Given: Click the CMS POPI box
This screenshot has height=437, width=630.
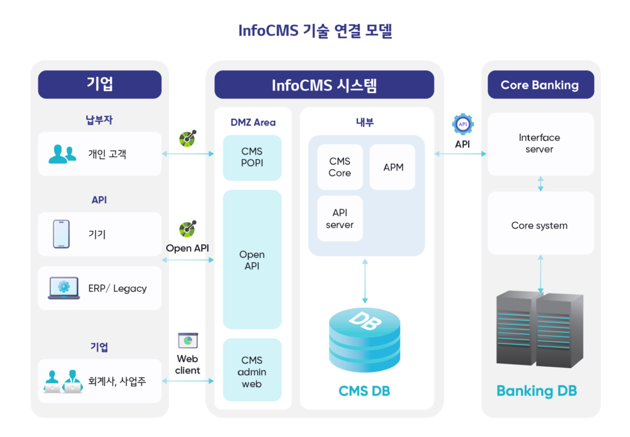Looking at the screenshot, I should [x=252, y=158].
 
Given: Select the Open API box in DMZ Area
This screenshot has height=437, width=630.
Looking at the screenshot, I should [x=252, y=260].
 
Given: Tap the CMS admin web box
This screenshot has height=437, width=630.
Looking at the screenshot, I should [x=252, y=372].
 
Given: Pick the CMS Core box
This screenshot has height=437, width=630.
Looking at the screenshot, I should [x=340, y=167].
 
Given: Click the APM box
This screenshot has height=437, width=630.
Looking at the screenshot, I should [x=393, y=167].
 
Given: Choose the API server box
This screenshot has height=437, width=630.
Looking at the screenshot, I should [x=340, y=218].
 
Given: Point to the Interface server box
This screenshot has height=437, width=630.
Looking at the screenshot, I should [x=540, y=143].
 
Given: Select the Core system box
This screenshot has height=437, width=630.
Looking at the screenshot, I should [x=540, y=225].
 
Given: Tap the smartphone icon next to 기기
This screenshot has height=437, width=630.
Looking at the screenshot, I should [x=61, y=234].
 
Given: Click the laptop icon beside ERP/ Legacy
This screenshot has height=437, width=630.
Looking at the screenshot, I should [x=63, y=288].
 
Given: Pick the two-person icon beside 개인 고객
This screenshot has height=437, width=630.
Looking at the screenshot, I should [x=62, y=154].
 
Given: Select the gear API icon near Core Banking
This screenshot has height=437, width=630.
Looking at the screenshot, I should [x=463, y=124].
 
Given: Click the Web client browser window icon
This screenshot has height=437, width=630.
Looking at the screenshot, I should [x=188, y=340].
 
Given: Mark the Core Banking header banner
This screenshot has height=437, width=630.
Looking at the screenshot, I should [x=540, y=85].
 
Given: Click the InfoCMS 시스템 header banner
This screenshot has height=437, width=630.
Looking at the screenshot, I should [x=324, y=85].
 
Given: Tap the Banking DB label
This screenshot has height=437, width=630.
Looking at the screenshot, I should [x=536, y=391].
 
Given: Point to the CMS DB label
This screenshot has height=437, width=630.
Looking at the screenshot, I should [x=364, y=391].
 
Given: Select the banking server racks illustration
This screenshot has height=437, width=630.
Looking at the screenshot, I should [x=540, y=329].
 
